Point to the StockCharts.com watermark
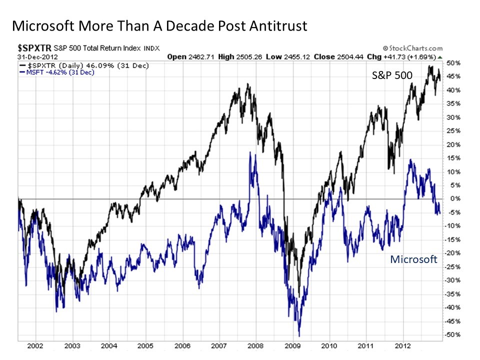(415, 48)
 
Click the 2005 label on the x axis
(145, 345)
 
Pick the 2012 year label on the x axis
(403, 345)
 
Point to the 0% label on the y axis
(453, 199)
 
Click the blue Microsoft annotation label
(413, 259)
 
